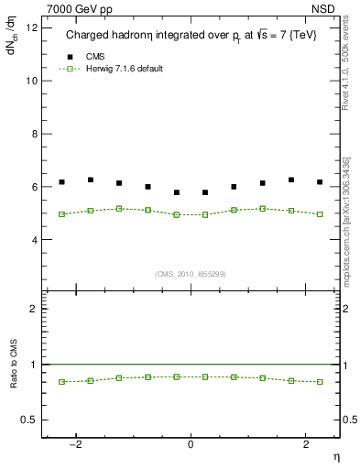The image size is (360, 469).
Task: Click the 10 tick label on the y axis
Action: (31, 81)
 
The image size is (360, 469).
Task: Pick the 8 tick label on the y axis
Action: (34, 134)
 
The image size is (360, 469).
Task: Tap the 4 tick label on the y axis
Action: (34, 240)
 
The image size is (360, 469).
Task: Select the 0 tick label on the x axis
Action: (191, 443)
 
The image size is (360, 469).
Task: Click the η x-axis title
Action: (335, 456)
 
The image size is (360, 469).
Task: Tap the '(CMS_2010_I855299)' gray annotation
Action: (191, 273)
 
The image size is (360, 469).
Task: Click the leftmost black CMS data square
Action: (61, 182)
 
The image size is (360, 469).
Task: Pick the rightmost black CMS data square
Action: (320, 182)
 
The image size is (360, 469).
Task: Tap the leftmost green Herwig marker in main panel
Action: (61, 214)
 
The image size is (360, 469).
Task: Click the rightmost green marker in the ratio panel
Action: (320, 381)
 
